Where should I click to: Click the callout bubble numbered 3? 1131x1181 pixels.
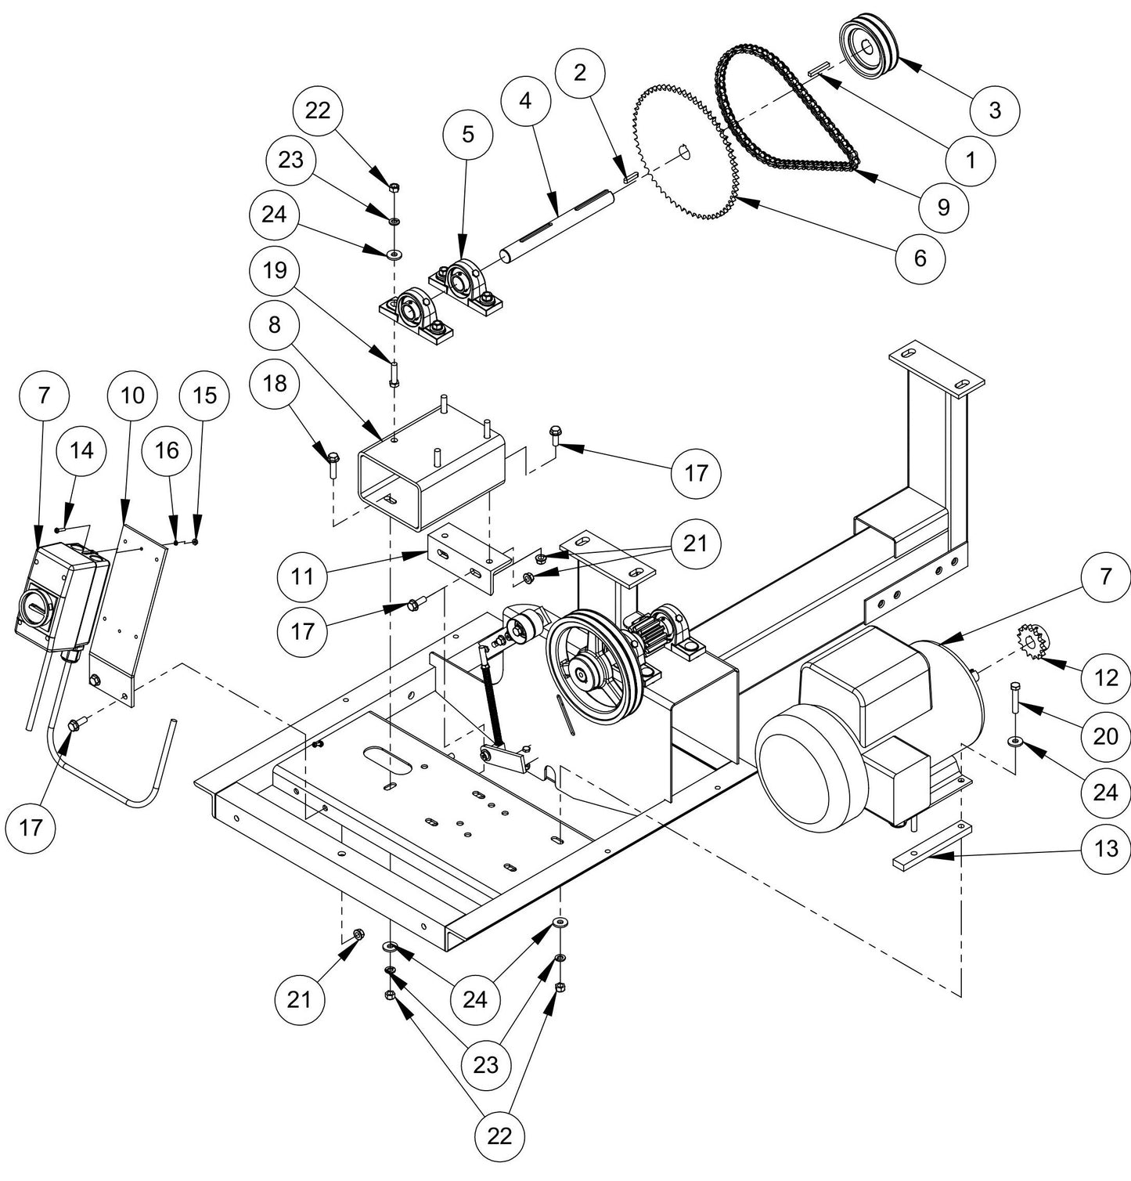tap(995, 110)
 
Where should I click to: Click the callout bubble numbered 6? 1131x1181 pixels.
tap(920, 257)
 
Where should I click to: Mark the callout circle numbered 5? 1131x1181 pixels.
tap(467, 135)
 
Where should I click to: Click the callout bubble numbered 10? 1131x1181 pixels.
tap(132, 395)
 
